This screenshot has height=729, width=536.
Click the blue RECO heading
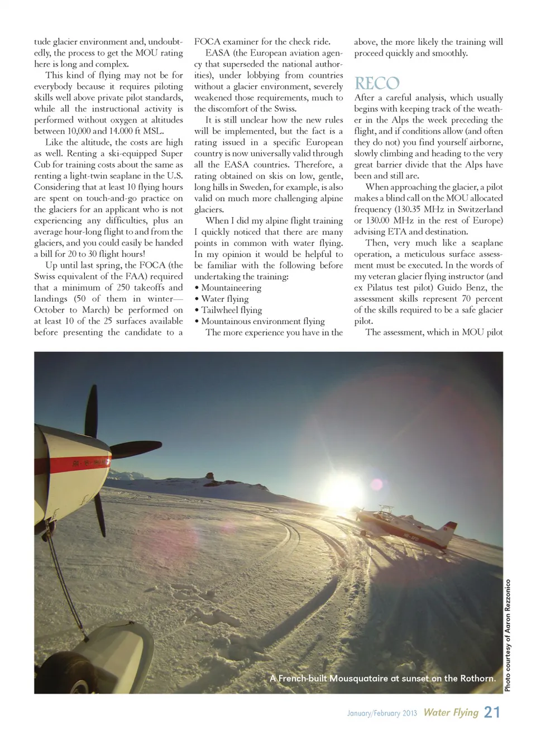[x=377, y=84]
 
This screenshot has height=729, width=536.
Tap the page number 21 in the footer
[x=492, y=712]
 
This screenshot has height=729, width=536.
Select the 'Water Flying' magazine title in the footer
[x=451, y=712]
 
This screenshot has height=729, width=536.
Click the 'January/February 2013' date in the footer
[x=382, y=713]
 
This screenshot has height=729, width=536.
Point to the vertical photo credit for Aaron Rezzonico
[x=508, y=635]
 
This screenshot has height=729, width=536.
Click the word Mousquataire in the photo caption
[x=358, y=678]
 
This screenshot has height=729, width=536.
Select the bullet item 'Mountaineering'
[x=231, y=288]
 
